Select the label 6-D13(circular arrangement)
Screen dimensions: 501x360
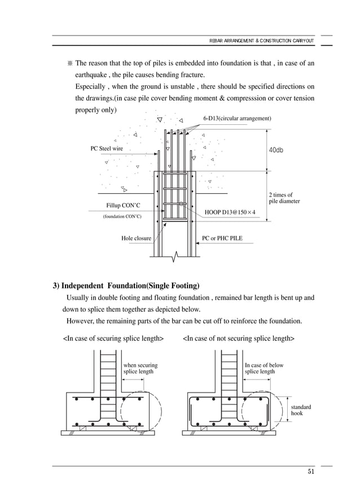coord(236,119)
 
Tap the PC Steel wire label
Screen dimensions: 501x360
coord(107,149)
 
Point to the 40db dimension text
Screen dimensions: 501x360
coord(276,150)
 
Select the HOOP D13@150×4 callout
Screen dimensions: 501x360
coord(230,212)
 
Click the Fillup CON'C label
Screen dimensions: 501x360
coord(122,206)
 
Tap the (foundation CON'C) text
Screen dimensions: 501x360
coord(122,216)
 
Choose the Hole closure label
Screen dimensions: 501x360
coord(136,238)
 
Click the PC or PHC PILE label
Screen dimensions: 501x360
coord(222,238)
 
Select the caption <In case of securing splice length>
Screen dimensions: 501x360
coord(113,338)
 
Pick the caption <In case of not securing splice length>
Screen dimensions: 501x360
coord(238,338)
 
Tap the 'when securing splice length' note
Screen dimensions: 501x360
coord(140,368)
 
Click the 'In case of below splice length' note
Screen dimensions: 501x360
coord(264,368)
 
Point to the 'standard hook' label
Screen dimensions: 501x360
coord(300,410)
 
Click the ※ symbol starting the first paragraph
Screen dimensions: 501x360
coord(70,63)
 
